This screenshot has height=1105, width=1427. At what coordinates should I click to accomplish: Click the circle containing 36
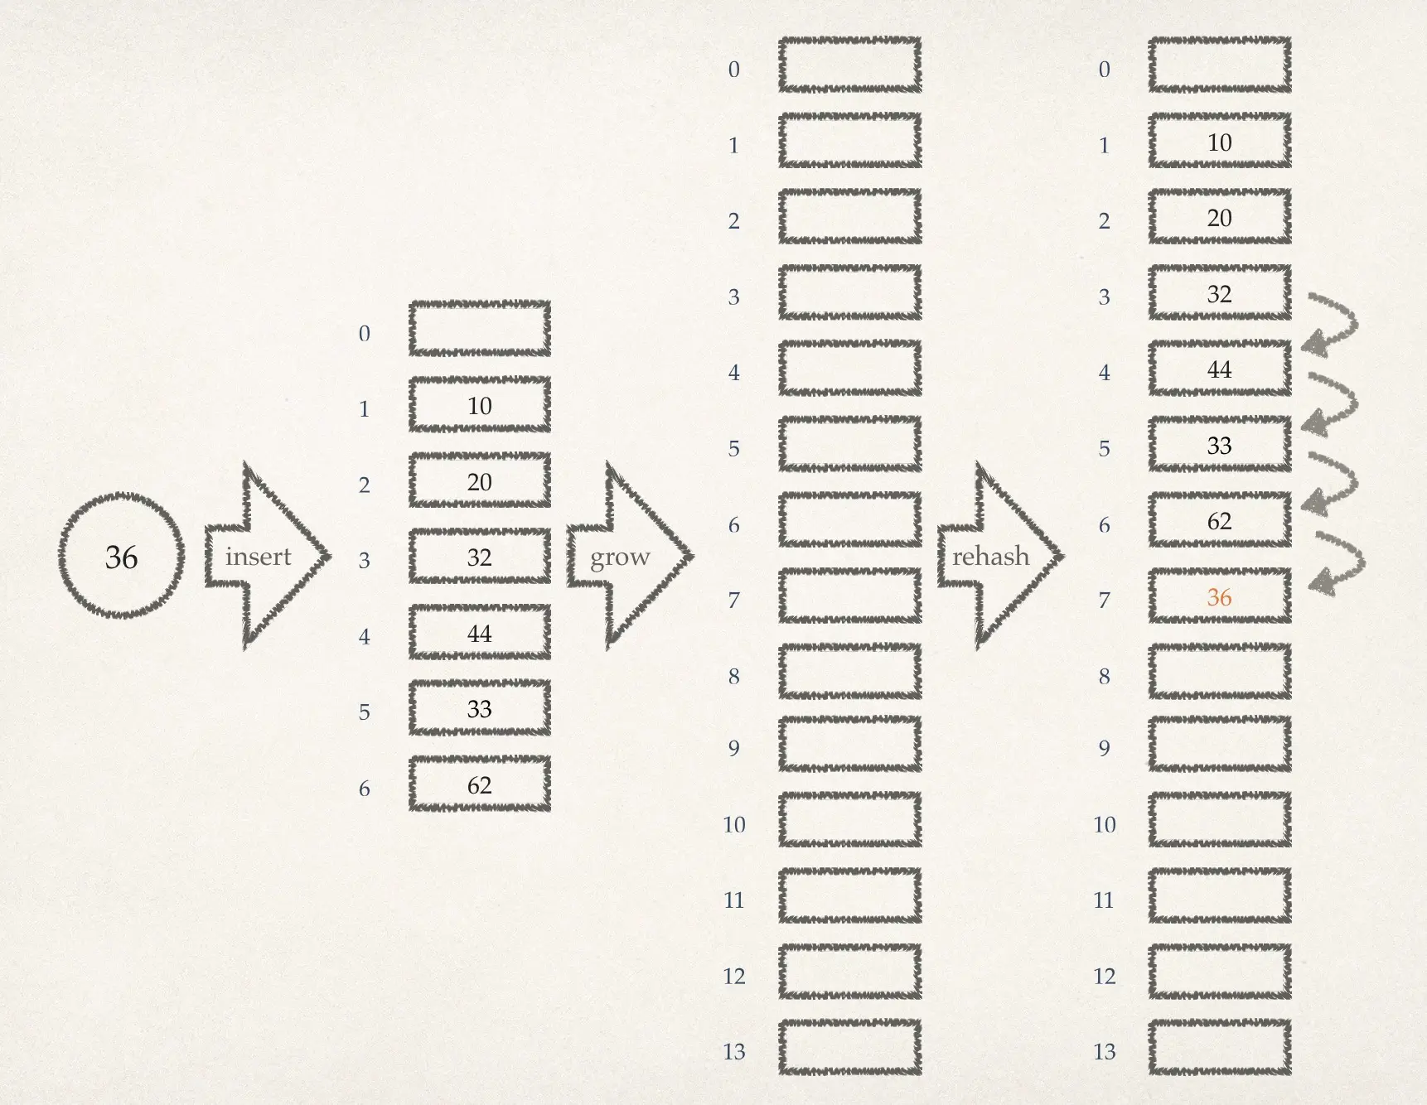click(121, 556)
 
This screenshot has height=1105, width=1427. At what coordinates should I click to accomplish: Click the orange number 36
click(1219, 597)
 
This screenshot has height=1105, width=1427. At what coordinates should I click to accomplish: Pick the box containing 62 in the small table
click(480, 784)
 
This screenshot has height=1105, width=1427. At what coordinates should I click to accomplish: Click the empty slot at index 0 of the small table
click(480, 329)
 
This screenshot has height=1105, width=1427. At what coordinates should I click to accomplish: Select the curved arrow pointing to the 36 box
click(1338, 563)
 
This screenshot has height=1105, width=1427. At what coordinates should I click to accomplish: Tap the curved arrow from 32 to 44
click(1333, 323)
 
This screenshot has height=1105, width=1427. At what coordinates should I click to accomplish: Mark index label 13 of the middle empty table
click(734, 1051)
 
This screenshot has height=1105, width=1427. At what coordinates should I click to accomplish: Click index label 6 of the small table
click(364, 788)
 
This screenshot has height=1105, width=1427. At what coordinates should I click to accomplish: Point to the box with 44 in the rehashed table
click(1219, 369)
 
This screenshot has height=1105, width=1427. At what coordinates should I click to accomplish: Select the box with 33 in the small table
click(480, 709)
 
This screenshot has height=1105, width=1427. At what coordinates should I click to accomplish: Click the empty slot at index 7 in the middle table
click(849, 596)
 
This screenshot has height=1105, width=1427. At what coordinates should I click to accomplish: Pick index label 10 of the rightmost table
click(1104, 824)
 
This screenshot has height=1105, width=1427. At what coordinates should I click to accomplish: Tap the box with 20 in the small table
click(480, 481)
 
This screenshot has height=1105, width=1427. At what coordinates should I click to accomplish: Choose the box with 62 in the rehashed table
click(1219, 521)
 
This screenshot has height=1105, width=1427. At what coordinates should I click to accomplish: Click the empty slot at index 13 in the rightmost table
click(1219, 1048)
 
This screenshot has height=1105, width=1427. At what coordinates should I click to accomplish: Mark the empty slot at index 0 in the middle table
click(849, 65)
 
